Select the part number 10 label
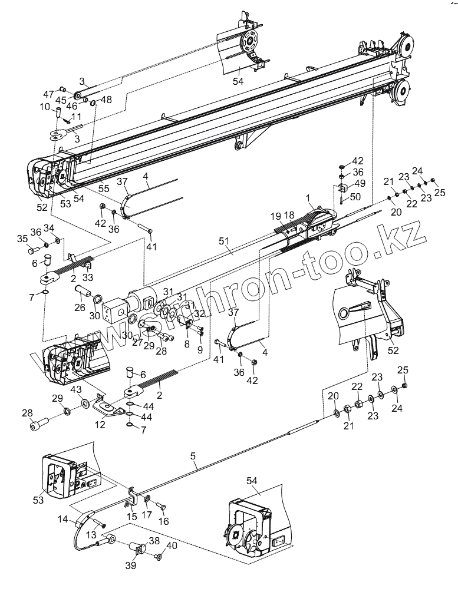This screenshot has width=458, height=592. pyautogui.click(x=45, y=107)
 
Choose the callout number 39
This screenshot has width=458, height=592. pyautogui.click(x=130, y=565)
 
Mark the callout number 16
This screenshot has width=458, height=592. pyautogui.click(x=163, y=521)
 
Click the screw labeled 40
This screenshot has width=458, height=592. pyautogui.click(x=158, y=556)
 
